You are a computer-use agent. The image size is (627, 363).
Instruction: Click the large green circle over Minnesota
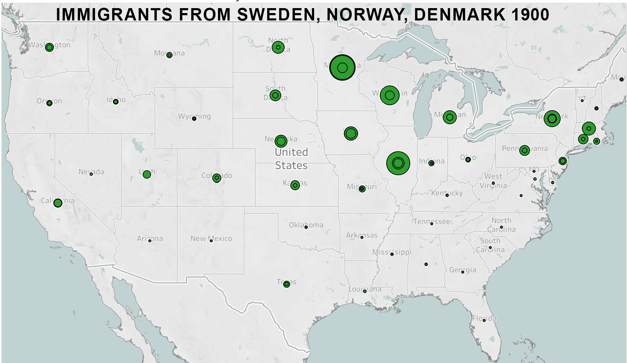342,67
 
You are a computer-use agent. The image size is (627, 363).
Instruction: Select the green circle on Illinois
398,163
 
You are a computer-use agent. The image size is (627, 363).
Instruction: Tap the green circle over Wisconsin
390,95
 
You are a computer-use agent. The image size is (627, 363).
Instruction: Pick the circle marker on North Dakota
278,47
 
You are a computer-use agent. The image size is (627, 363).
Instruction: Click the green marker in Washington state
49,47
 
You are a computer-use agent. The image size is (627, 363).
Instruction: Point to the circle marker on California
58,203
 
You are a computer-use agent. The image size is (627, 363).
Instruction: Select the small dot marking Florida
484,320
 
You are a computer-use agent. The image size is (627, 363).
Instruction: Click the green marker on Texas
287,284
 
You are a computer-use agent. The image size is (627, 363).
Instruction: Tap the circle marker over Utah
147,174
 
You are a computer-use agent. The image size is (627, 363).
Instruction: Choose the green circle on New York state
552,119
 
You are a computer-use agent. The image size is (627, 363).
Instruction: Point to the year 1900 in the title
530,15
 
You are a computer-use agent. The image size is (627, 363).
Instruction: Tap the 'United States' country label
291,159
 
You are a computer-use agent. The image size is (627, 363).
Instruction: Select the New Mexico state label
211,238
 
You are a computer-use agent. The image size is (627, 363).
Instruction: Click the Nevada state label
91,172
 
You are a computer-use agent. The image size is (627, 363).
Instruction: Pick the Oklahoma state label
306,225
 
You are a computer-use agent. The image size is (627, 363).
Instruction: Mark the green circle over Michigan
450,117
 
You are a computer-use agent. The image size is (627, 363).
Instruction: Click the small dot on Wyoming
194,119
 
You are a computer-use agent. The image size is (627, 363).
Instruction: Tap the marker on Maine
621,79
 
